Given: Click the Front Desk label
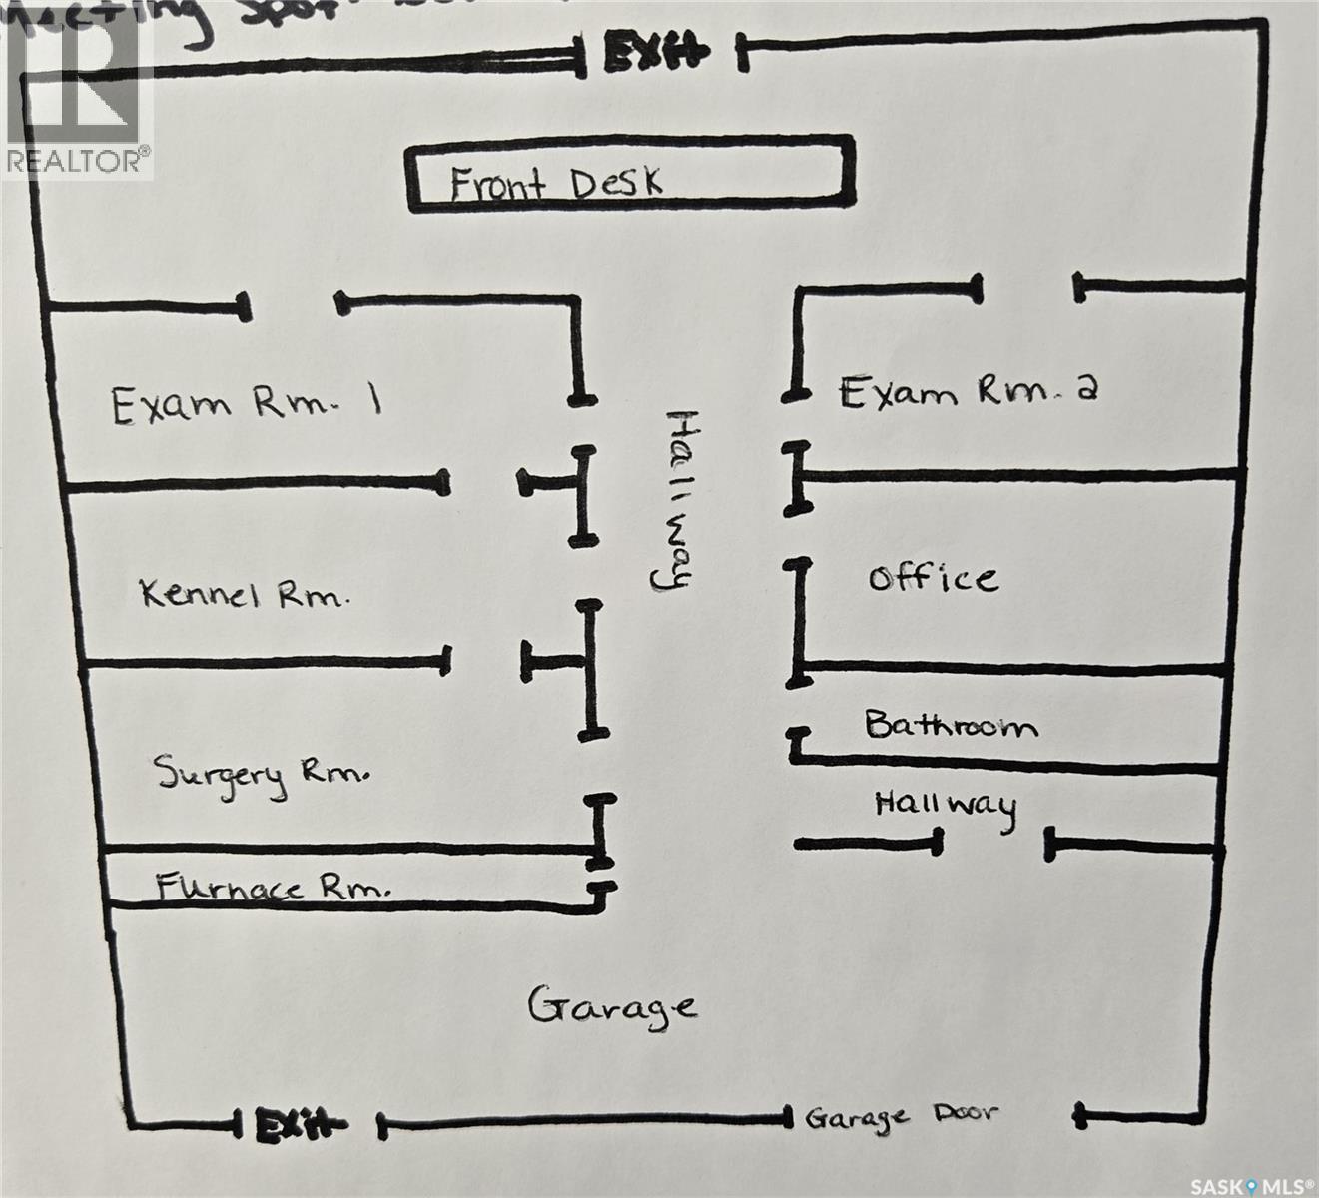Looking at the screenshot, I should [x=555, y=185].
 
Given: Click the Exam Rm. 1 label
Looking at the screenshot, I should [x=246, y=404].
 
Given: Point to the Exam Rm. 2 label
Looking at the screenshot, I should [x=967, y=390].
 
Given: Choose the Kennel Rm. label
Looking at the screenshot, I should [x=245, y=595].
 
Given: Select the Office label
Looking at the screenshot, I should [x=932, y=578].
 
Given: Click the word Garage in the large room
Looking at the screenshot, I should [x=611, y=1006].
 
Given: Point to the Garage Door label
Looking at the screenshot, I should [x=901, y=1117].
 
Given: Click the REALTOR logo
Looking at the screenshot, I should [x=77, y=90].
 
